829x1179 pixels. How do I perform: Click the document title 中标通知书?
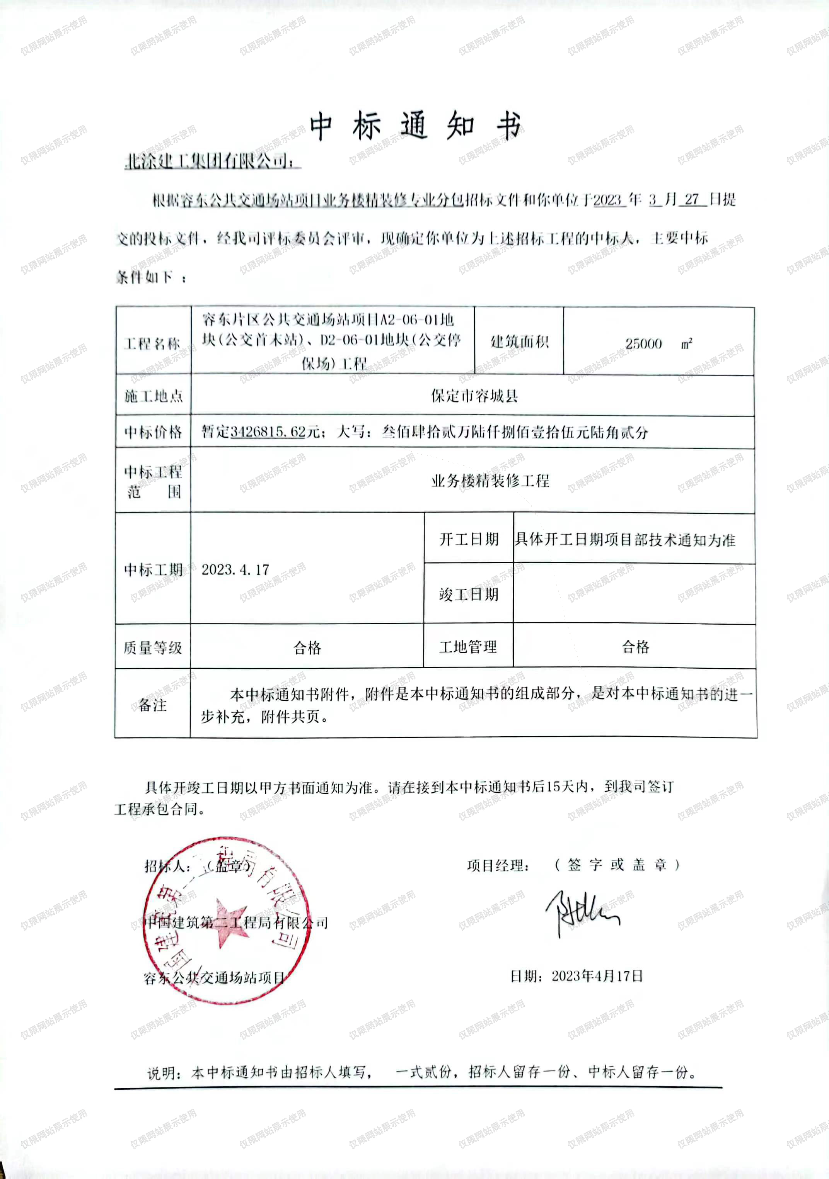(x=415, y=126)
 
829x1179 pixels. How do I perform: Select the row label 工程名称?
(x=153, y=343)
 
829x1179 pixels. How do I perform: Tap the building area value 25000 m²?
(x=658, y=343)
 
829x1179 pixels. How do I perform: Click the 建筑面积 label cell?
(x=519, y=341)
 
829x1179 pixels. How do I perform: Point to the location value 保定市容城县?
(x=474, y=396)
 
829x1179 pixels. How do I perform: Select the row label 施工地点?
(x=153, y=396)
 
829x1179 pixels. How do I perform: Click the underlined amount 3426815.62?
(x=268, y=432)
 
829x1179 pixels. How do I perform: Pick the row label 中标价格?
(x=153, y=432)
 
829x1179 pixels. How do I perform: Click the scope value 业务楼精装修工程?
(x=490, y=481)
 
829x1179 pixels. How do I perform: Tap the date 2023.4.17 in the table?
(x=235, y=569)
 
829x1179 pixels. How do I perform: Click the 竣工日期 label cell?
(x=469, y=594)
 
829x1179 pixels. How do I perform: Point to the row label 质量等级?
(x=153, y=647)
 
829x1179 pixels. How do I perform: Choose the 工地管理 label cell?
(x=468, y=647)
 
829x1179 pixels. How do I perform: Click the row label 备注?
(x=153, y=705)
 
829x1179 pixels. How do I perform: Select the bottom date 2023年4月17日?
(x=597, y=976)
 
